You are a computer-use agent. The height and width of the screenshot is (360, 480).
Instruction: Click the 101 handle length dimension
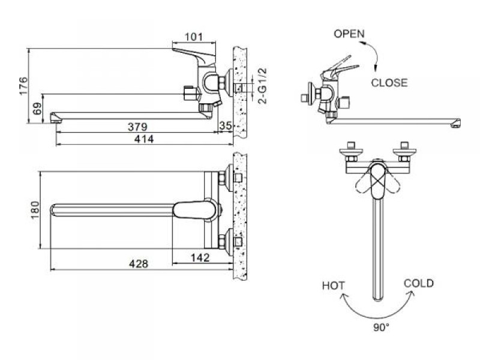tap(194, 37)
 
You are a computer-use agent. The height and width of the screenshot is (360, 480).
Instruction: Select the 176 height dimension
tap(23, 86)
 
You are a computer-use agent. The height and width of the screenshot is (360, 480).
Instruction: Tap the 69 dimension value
tap(37, 109)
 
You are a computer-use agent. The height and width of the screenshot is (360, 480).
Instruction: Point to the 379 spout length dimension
tap(137, 127)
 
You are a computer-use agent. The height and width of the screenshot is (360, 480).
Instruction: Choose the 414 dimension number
tap(144, 139)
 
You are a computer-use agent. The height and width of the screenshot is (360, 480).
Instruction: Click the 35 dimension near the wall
tap(226, 125)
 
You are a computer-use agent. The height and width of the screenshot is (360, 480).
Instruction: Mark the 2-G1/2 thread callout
tap(263, 86)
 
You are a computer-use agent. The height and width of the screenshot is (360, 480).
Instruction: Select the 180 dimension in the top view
tap(35, 210)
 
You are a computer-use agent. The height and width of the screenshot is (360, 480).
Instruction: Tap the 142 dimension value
tap(200, 257)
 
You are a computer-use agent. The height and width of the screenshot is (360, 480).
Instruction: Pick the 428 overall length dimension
tap(139, 263)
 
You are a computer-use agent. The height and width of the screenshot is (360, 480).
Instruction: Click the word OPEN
tap(349, 34)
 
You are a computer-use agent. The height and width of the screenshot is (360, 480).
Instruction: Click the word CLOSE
tap(389, 83)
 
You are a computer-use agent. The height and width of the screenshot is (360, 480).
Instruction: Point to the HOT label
tap(334, 286)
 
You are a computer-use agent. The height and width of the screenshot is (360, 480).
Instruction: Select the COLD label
tap(419, 283)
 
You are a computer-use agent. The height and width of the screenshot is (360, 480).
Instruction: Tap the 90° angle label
tap(381, 328)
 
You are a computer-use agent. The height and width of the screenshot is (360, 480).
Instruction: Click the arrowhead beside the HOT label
tap(345, 296)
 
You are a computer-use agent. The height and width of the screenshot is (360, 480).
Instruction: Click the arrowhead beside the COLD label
tap(411, 294)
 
